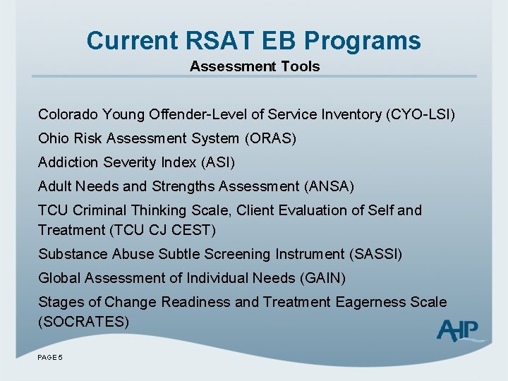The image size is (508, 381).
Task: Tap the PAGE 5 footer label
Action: tap(50, 358)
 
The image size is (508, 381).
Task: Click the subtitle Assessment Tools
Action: tap(254, 66)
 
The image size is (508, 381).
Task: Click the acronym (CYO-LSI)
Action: tap(421, 114)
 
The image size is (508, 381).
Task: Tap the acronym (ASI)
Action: tap(218, 162)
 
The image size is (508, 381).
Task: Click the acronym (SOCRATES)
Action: tap(84, 322)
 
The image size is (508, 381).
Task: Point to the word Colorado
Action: tap(68, 114)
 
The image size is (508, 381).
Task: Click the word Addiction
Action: tap(68, 162)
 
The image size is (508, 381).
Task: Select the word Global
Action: tap(59, 278)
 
